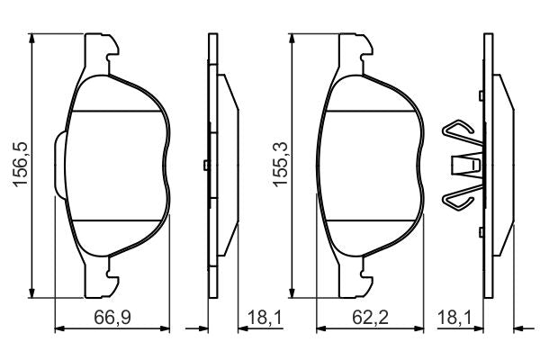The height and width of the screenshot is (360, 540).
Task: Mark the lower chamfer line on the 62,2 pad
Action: pos(376,220)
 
